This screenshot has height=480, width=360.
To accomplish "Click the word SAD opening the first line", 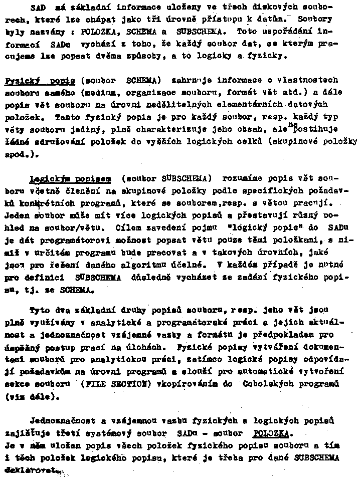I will click(37, 8).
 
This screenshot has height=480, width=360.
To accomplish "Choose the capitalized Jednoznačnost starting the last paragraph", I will click(65, 419).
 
